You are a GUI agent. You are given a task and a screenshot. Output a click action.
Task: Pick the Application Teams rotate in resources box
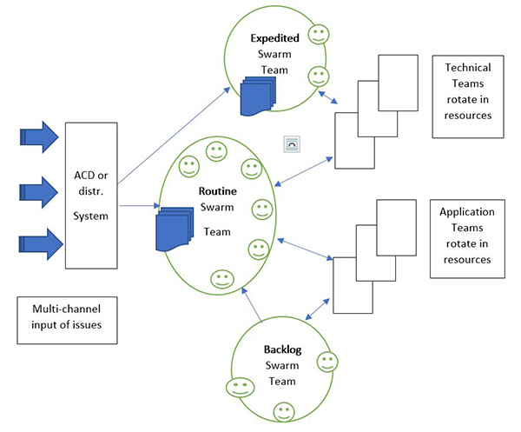pos(473,236)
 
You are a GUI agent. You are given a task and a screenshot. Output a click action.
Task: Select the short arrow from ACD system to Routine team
pos(137,206)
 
